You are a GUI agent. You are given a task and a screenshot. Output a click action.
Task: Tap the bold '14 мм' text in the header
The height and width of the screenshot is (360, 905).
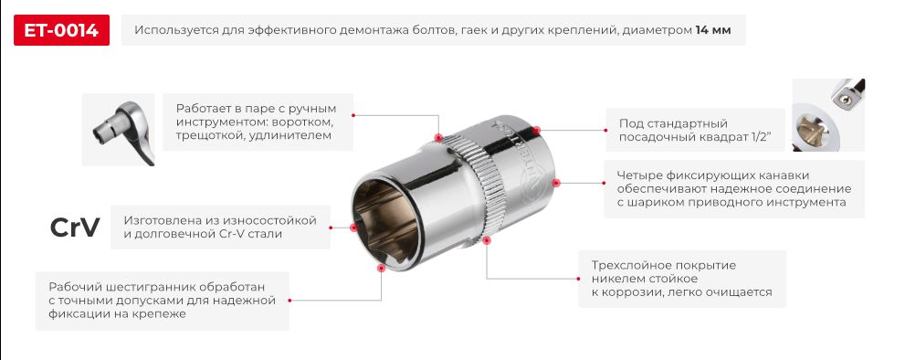tap(713, 31)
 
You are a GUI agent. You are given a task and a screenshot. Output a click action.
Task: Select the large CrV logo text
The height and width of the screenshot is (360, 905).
tap(75, 228)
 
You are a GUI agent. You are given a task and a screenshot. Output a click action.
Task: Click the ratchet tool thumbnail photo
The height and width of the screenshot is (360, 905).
tap(117, 130)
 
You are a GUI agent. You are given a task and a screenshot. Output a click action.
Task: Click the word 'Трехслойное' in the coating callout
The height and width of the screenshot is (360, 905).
tap(618, 265)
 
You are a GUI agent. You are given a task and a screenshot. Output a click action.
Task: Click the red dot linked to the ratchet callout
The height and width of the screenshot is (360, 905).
tap(438, 138)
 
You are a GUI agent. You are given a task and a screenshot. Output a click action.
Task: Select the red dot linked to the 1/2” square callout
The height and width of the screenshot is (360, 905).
tap(537, 131)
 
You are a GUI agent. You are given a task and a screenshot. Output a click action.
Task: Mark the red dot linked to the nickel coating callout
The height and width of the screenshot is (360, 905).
tap(488, 241)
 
